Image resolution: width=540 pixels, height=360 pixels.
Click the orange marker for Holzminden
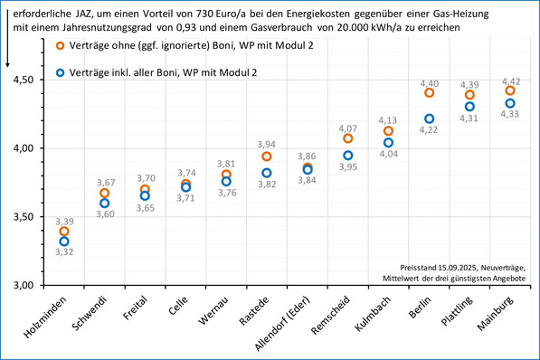[x=64, y=232]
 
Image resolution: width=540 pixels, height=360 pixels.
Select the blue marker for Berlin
[x=429, y=118]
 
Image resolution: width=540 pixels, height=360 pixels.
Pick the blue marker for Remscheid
[x=348, y=156]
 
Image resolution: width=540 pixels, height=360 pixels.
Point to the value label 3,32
[x=64, y=252]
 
